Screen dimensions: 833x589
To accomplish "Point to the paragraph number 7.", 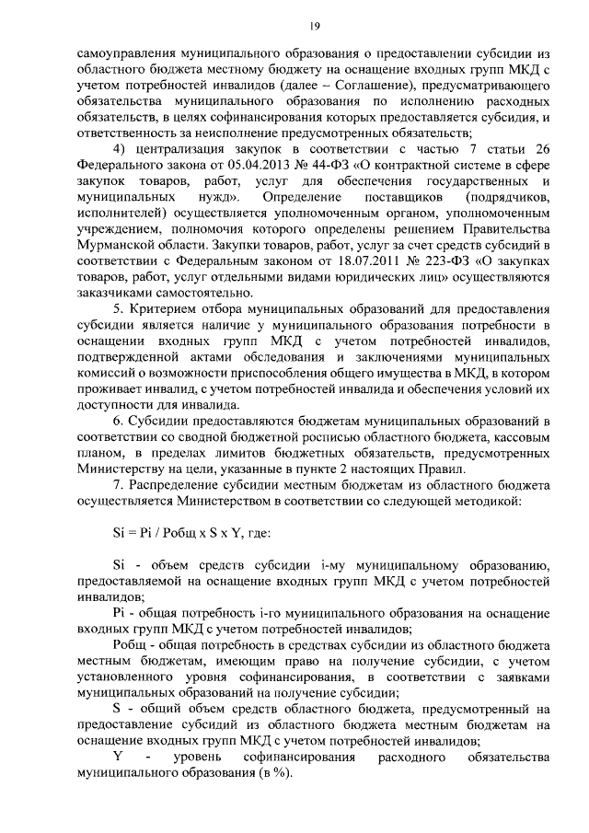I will [x=117, y=483].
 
